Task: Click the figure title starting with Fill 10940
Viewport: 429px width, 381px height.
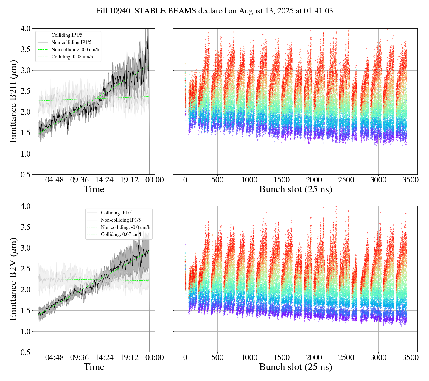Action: click(x=214, y=11)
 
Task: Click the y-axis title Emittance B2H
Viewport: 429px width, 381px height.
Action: click(x=13, y=101)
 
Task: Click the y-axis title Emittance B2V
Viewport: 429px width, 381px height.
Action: click(x=13, y=279)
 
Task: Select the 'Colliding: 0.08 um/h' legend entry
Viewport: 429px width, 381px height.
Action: click(x=72, y=57)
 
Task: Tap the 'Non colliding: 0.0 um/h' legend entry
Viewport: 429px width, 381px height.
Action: click(x=75, y=50)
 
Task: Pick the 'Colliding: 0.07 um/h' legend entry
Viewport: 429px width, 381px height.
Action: click(x=122, y=235)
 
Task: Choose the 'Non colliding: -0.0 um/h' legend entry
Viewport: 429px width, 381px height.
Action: click(x=125, y=227)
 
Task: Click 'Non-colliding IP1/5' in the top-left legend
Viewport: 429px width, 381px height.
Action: click(x=71, y=43)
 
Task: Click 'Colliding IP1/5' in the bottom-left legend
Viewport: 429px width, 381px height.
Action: click(x=116, y=213)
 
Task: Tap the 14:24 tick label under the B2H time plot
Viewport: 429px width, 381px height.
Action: click(x=104, y=180)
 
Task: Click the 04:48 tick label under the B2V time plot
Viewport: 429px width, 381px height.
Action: click(x=54, y=357)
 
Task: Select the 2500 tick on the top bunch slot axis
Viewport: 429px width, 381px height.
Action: click(x=346, y=180)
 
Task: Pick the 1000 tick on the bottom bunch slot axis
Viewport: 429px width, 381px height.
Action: click(x=250, y=357)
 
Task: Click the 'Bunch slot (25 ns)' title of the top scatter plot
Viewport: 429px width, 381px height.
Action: click(x=296, y=189)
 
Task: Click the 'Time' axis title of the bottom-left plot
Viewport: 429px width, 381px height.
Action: click(x=94, y=367)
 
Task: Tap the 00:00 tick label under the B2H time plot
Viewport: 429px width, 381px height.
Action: click(x=154, y=180)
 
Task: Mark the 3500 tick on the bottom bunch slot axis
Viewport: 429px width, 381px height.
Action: click(x=411, y=357)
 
